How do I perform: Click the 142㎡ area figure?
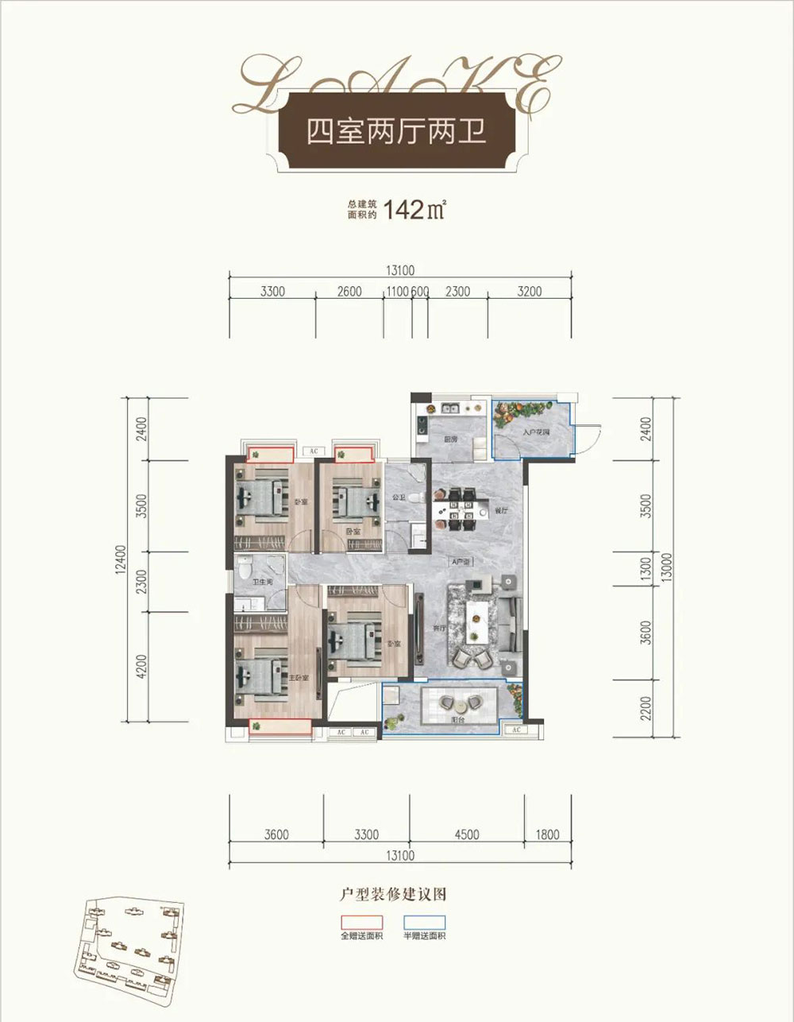[414, 211]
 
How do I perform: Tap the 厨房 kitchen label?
[449, 439]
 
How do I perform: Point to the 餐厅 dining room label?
[500, 513]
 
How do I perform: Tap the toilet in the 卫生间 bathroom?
[245, 568]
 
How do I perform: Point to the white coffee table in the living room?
[476, 619]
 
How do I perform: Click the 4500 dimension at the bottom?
[467, 834]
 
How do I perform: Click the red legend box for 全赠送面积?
[361, 922]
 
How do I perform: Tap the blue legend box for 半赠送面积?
[424, 922]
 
